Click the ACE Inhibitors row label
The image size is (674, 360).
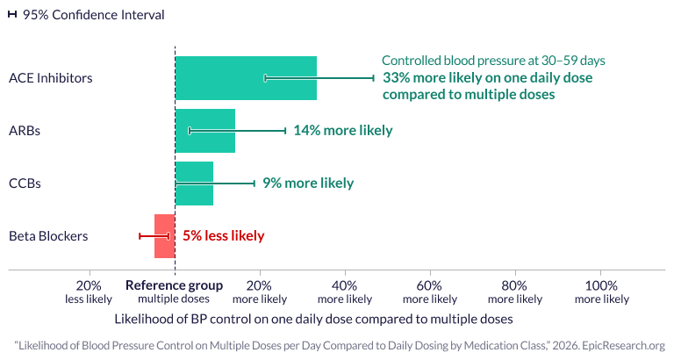(50, 78)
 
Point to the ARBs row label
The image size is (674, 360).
(25, 131)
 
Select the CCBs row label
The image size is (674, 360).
(25, 184)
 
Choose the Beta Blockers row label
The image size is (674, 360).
(47, 236)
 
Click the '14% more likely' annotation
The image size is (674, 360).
(342, 131)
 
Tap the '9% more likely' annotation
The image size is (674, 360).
(308, 184)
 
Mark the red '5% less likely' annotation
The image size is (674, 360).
(223, 236)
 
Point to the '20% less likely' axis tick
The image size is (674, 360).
(89, 292)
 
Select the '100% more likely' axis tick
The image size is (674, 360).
(601, 292)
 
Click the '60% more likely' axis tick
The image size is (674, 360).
(430, 292)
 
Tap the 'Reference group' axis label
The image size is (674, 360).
(174, 286)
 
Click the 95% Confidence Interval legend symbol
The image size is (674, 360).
(12, 15)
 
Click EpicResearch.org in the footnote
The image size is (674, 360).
(622, 346)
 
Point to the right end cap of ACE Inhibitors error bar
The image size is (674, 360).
(374, 78)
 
